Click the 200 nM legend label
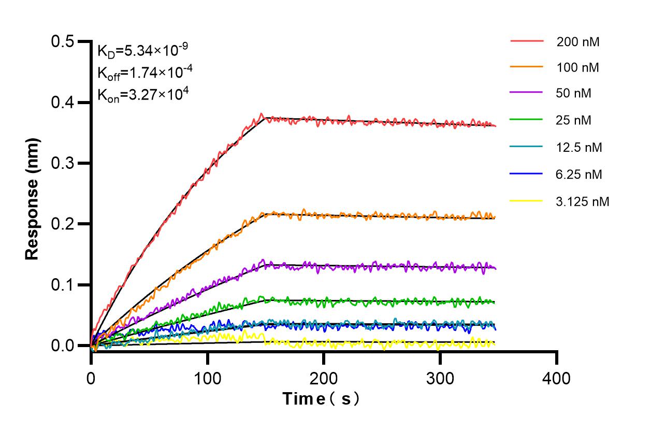click(x=578, y=42)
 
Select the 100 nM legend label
click(x=578, y=67)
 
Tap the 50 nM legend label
click(x=574, y=94)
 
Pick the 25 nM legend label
click(x=574, y=121)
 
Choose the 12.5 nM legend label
click(x=580, y=148)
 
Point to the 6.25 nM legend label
click(x=580, y=175)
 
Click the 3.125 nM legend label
click(x=583, y=202)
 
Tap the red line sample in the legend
click(x=527, y=41)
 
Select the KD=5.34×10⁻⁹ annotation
click(x=142, y=50)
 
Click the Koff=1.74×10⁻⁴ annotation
click(x=145, y=73)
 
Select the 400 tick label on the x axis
click(x=557, y=379)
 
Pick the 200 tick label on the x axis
click(x=324, y=379)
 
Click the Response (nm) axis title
click(x=33, y=198)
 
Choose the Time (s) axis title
click(x=321, y=399)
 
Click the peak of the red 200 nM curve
click(x=262, y=114)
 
